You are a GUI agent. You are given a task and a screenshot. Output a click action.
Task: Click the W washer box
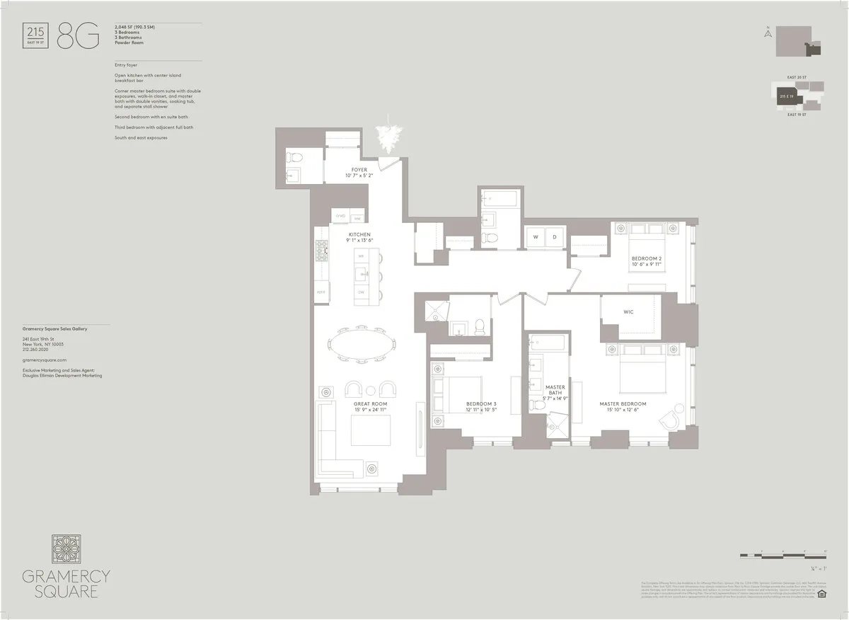[x=535, y=236]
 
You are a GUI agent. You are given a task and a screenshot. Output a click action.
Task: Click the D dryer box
[x=554, y=236]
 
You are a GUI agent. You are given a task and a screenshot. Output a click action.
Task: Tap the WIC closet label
[x=628, y=311]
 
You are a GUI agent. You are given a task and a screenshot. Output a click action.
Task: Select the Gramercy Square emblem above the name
[x=66, y=550]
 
